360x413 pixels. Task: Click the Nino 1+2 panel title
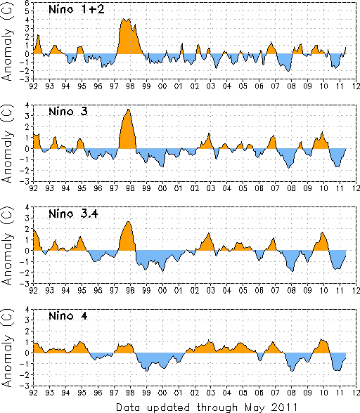click(77, 10)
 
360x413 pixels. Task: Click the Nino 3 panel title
click(68, 112)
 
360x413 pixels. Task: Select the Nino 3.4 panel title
click(73, 214)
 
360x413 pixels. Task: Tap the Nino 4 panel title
click(68, 315)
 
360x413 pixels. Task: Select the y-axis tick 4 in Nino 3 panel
click(27, 105)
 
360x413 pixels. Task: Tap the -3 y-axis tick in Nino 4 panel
click(26, 386)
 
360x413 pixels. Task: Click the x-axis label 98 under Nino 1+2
click(130, 86)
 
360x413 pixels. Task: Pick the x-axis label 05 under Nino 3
click(243, 188)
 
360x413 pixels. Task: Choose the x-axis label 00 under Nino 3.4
click(162, 290)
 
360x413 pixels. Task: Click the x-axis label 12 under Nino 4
click(356, 393)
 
